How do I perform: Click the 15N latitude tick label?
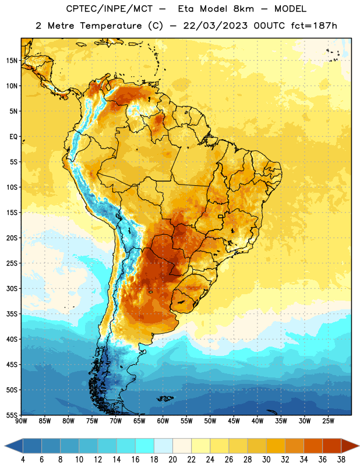[12, 61]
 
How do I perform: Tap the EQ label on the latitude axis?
[13, 137]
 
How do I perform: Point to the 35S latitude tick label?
[12, 314]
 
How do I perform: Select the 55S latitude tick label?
[12, 415]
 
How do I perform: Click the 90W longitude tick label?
[22, 421]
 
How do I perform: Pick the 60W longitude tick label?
[163, 421]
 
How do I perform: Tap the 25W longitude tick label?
[328, 421]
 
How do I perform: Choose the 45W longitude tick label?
[234, 421]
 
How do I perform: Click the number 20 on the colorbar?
[172, 460]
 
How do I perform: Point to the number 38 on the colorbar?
[341, 460]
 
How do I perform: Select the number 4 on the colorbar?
[23, 460]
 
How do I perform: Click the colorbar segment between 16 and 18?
[145, 446]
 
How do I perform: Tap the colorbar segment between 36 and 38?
[332, 446]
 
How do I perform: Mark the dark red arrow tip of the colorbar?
[359, 446]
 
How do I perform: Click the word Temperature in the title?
[111, 26]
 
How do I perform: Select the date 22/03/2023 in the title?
[215, 26]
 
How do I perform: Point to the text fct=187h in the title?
[314, 26]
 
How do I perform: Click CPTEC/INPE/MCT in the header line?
[110, 9]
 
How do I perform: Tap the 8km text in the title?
[243, 9]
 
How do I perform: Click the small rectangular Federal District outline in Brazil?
[221, 216]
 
